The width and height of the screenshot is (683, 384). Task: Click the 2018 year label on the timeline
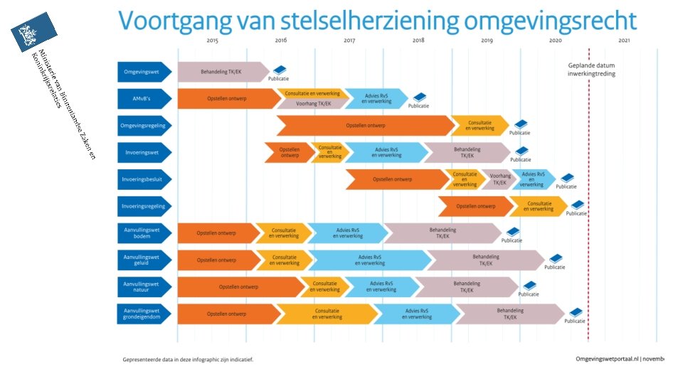[418, 41]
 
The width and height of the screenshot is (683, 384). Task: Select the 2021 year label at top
[624, 41]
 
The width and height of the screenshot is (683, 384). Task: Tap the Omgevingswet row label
[141, 72]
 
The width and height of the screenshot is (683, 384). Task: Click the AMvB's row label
[141, 99]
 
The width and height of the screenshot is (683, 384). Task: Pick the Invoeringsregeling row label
[143, 206]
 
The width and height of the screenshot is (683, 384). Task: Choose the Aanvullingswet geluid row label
[141, 260]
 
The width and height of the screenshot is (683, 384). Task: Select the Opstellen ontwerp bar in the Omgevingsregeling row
[366, 125]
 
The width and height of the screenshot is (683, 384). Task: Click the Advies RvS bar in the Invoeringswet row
[384, 152]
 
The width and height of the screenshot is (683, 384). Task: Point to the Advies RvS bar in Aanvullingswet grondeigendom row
[416, 314]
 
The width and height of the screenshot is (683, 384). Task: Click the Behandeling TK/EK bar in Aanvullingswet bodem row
[443, 233]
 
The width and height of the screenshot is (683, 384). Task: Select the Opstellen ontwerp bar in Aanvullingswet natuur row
[239, 287]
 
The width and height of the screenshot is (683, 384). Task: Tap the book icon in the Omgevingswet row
[280, 70]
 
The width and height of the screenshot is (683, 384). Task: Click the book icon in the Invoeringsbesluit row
[567, 178]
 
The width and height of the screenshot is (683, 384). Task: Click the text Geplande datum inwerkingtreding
[591, 70]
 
